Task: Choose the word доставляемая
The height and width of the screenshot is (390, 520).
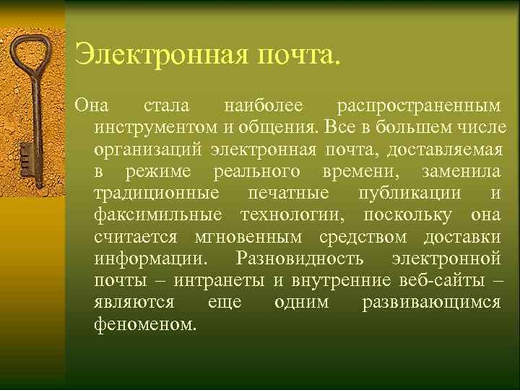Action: tap(445, 150)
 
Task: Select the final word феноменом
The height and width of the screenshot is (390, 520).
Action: tap(144, 324)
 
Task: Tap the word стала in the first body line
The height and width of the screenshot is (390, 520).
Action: tap(167, 107)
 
